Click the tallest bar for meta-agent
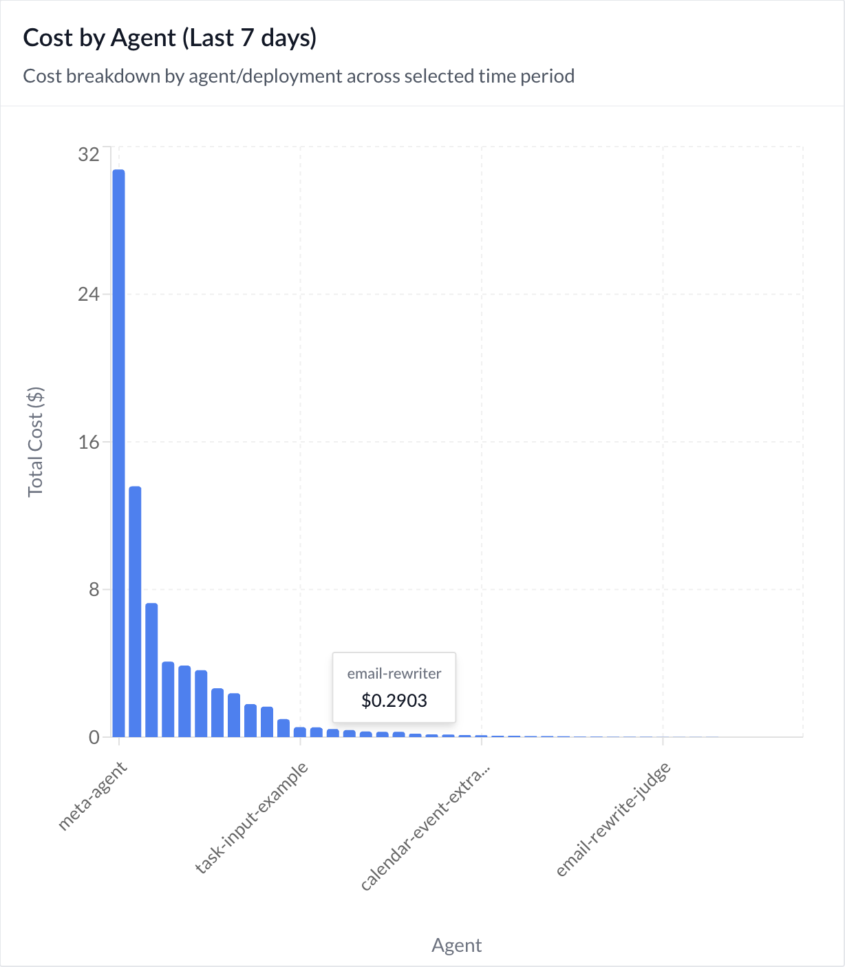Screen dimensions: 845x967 (118, 453)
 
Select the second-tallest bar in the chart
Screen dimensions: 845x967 (135, 612)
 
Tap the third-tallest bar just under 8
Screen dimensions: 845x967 (151, 670)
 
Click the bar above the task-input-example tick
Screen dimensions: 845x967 (300, 732)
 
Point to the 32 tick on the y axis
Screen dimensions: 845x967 (89, 155)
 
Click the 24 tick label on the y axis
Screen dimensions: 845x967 (89, 294)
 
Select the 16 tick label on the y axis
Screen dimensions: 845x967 (89, 442)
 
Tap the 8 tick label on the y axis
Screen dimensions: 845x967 (94, 589)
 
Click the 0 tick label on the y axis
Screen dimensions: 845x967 (94, 737)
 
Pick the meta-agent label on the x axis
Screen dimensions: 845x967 (93, 796)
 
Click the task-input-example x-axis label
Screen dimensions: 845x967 (251, 818)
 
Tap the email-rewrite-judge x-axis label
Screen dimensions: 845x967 (613, 820)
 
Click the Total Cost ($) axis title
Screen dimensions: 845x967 (36, 442)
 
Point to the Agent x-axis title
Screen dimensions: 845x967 (456, 945)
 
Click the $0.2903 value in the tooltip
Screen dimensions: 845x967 (394, 701)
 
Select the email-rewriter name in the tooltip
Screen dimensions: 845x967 (394, 674)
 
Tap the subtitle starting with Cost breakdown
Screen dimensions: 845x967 (299, 76)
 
